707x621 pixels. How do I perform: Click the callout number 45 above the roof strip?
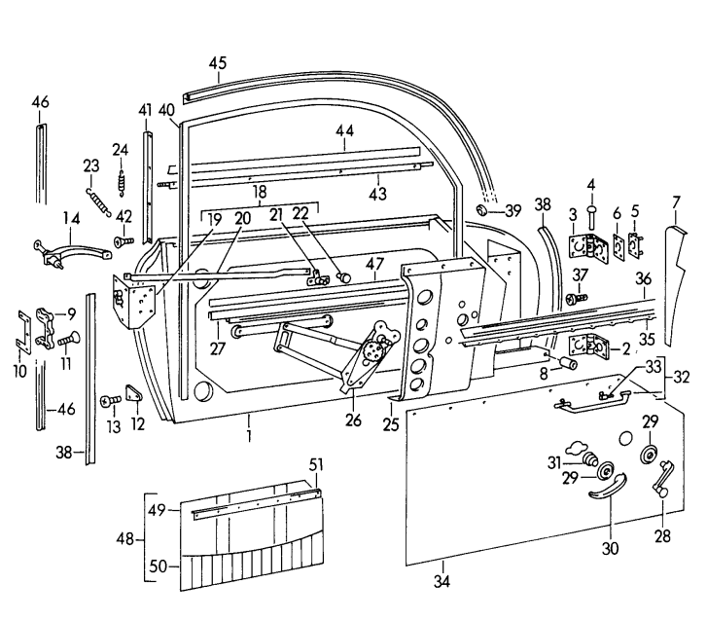(217, 63)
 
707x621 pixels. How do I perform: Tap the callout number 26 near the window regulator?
(353, 421)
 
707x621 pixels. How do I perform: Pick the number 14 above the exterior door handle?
(71, 218)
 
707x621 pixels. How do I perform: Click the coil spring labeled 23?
(97, 201)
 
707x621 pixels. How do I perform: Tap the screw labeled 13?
(107, 399)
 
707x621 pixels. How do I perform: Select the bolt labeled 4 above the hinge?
(589, 215)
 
